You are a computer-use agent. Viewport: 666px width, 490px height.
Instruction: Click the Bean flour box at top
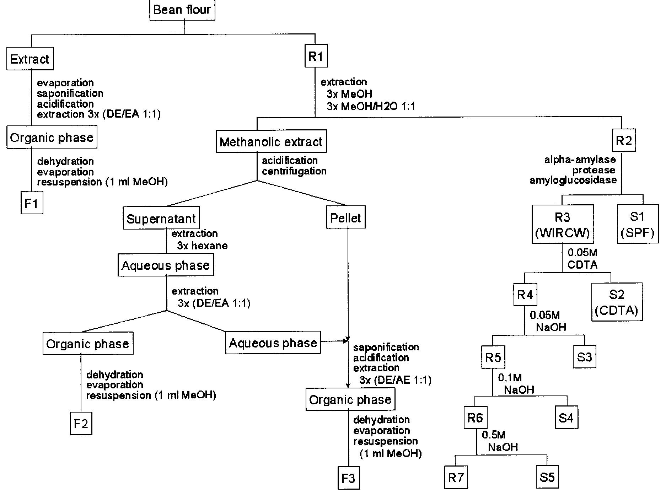coord(182,10)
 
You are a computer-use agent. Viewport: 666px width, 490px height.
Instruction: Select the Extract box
coord(30,59)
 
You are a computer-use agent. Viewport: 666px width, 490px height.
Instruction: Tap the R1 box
coord(316,56)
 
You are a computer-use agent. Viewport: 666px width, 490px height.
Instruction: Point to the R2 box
coord(624,141)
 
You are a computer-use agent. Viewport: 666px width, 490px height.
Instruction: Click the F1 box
coord(32,204)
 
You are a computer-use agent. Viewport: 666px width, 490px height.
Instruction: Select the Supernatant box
coord(161,219)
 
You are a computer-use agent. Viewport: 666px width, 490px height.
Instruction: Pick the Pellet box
coord(345,218)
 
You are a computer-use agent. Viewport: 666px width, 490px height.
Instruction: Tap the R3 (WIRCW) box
coord(563,225)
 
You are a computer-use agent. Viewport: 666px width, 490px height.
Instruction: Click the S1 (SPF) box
coord(638,224)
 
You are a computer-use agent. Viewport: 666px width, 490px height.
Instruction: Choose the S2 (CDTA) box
coord(617,302)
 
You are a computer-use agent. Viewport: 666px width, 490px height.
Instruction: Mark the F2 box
coord(81,424)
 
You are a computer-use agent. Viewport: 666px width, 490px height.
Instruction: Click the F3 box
coord(348,478)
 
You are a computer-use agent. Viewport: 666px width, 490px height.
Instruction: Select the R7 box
coord(456,478)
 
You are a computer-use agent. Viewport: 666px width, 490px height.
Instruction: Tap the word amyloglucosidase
coord(573,181)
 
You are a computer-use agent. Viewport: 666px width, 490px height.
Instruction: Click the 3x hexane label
coord(202,246)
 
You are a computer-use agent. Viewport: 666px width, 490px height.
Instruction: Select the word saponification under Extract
coord(70,93)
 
